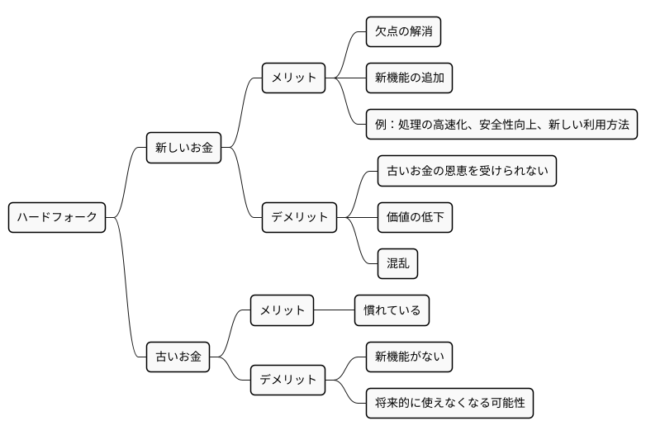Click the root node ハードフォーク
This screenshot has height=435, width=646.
click(57, 217)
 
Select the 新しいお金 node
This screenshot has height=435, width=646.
click(183, 148)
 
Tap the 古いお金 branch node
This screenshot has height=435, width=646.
click(178, 357)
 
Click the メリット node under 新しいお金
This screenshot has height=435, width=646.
click(293, 78)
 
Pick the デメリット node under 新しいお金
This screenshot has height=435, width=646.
click(299, 217)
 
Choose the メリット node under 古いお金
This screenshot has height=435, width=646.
click(282, 310)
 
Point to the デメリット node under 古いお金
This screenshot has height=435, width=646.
click(287, 380)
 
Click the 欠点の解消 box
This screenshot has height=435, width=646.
click(403, 32)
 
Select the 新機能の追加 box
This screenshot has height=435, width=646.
click(409, 78)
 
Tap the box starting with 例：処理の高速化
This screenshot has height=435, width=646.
click(501, 125)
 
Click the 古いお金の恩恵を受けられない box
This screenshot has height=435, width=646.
click(467, 171)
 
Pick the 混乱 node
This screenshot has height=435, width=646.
click(397, 263)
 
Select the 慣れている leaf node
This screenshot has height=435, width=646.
click(392, 310)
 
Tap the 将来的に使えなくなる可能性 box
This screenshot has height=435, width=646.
click(449, 403)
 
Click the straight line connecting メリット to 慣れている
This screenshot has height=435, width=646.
click(334, 310)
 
